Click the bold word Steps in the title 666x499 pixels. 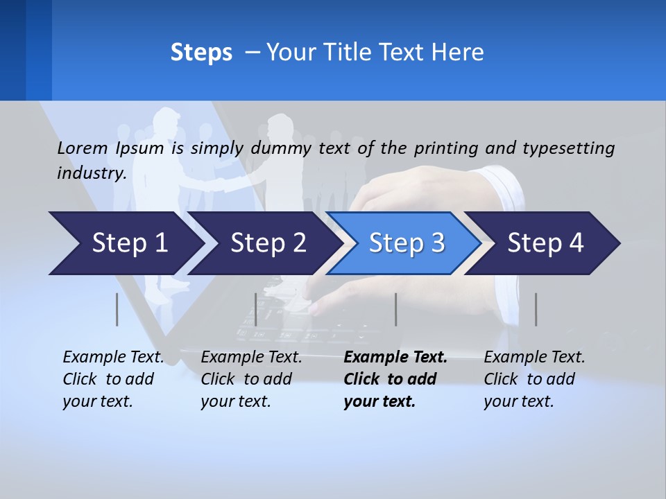coord(201,53)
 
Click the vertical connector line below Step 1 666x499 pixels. coord(117,309)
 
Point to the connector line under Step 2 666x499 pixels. coord(256,309)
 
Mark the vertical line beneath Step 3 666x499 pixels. coord(395,309)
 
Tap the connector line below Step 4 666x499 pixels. coord(536,309)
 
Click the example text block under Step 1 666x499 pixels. coord(113,379)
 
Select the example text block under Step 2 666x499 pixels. coord(251,379)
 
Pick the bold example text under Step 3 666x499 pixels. coord(395,379)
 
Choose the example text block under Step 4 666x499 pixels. coord(534,379)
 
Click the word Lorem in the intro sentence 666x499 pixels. coord(82,148)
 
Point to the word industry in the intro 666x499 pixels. coord(91,173)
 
